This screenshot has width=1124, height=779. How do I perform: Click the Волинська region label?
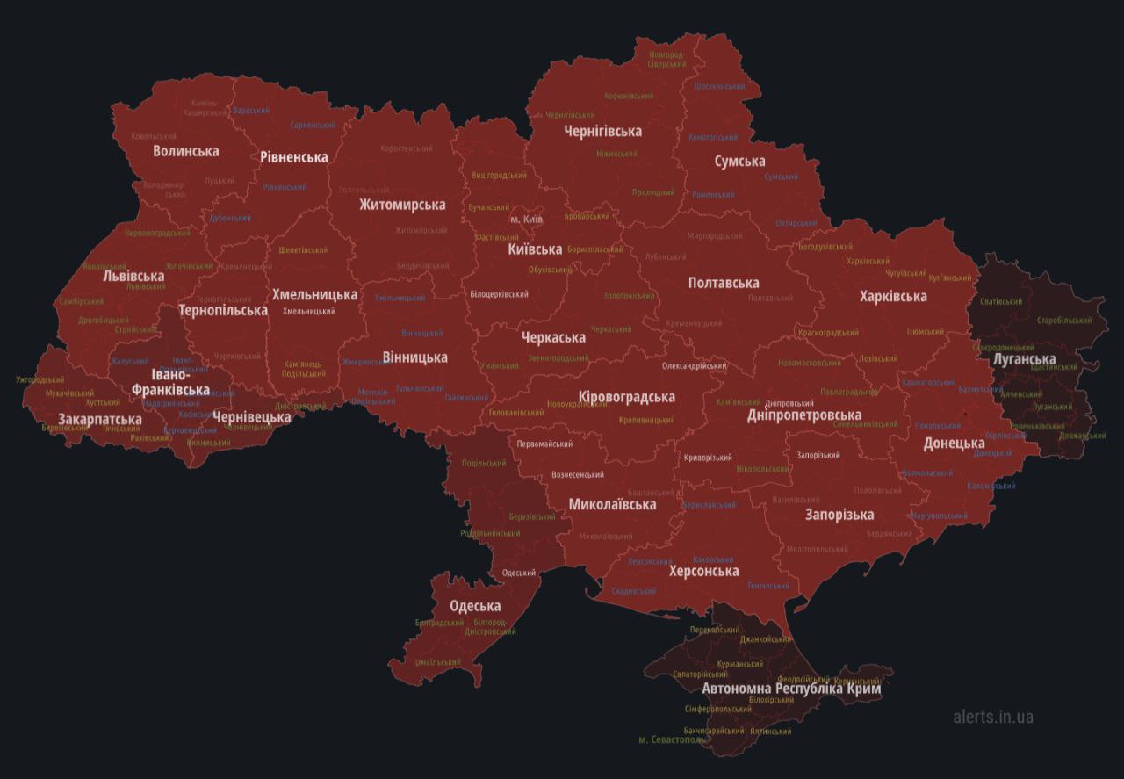185,151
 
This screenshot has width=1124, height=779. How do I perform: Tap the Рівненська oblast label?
293,157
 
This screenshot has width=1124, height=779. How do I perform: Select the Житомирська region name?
401,205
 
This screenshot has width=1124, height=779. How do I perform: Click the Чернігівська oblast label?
602,132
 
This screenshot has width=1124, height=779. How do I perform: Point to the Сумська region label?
739,162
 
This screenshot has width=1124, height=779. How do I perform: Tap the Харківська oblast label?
892,297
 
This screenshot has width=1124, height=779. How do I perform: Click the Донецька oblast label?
954,443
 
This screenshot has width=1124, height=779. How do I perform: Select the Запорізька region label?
839,515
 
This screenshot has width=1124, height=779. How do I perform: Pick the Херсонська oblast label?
703,572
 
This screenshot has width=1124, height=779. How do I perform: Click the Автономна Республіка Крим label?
791,689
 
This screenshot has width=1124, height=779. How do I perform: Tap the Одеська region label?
475,606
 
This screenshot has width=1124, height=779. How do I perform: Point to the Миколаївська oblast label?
612,505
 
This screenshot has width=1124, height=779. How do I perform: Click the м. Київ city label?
526,219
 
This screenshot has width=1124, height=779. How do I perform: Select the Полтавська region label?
724,283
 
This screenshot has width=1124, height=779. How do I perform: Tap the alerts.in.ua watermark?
992,717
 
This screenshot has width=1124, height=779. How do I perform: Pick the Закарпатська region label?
100,420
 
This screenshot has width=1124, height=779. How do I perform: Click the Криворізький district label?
708,458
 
